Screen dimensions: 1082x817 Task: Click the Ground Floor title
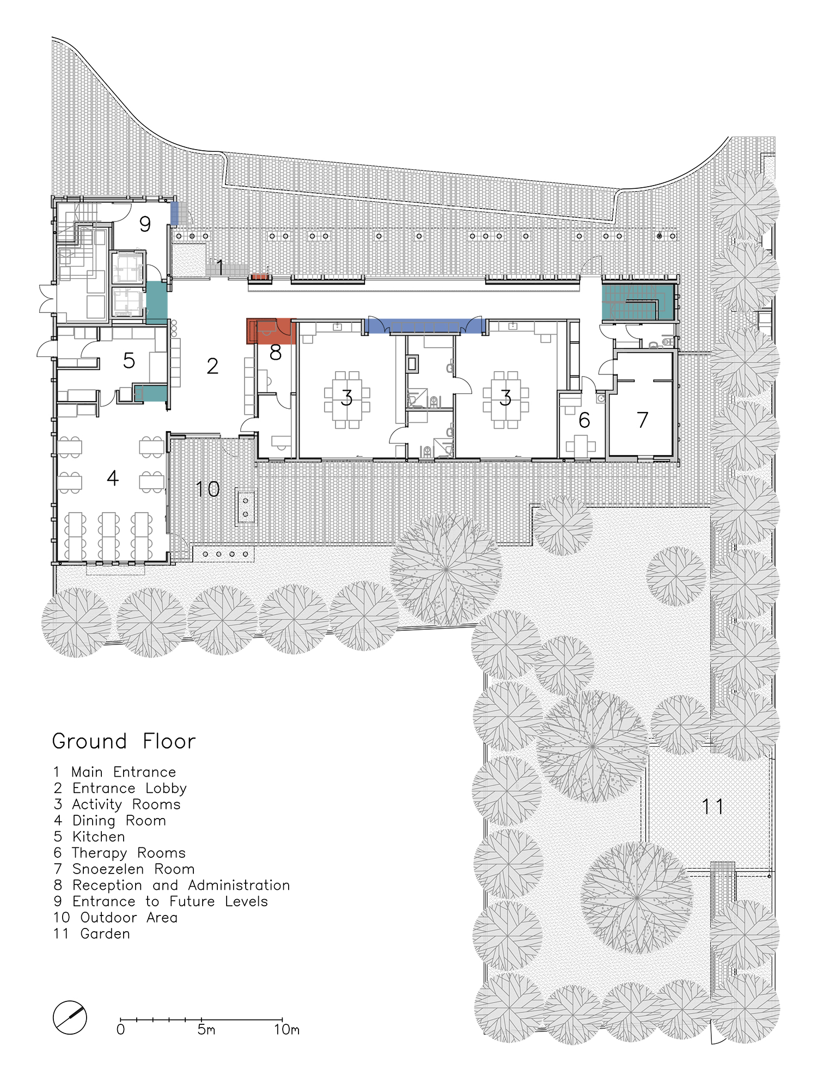124,741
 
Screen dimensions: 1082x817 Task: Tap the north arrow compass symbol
70,1017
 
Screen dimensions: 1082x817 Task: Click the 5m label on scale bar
206,1030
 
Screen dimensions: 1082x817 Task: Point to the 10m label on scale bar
286,1030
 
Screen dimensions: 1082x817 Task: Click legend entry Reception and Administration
172,886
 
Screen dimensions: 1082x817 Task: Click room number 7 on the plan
643,420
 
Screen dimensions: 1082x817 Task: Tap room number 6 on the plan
584,420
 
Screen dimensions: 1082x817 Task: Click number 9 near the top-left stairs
145,224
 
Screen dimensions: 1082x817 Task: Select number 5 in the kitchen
129,360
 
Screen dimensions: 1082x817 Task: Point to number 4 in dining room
112,478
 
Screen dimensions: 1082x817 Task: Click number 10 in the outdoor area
208,489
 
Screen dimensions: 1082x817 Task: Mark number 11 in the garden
712,807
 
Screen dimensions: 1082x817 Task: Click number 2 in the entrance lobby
212,366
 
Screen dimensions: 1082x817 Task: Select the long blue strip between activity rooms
425,326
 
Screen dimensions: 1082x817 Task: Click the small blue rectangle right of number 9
174,213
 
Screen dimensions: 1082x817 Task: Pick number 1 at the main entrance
220,267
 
